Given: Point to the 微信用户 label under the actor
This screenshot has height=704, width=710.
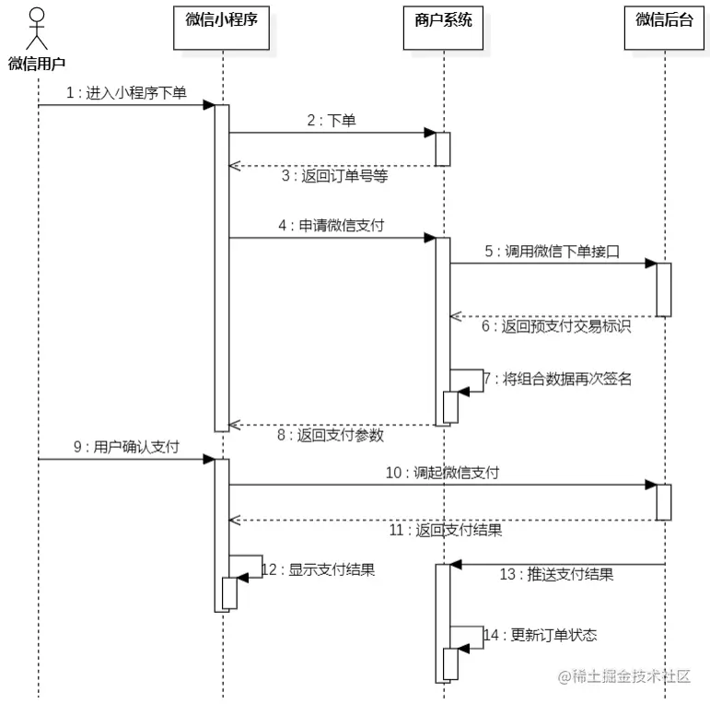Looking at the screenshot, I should point(37,64).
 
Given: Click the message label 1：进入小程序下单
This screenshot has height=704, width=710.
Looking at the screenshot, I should point(126,94).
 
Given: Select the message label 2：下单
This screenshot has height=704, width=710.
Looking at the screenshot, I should point(331,121).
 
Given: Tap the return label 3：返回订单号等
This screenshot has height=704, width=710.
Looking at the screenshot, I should point(334,176).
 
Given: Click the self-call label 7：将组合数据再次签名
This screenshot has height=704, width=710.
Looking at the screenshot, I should point(558,379).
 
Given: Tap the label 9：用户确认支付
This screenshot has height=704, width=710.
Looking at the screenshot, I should point(125,447).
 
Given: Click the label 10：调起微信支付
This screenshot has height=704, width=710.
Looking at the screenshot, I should point(442,473).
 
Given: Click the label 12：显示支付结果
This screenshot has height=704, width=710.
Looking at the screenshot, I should point(318,569).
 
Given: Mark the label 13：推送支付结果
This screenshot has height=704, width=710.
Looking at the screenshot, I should point(556,574).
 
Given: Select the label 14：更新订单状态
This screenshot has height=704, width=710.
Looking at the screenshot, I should point(540,635).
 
